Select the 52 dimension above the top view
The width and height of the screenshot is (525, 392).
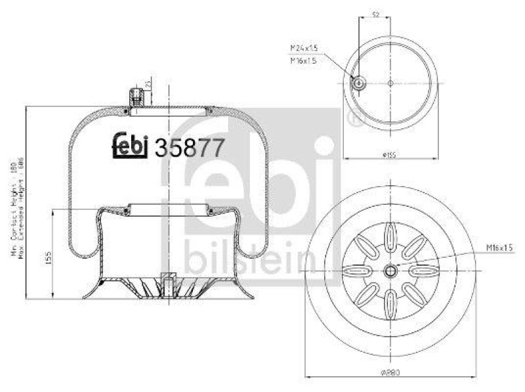click(x=374, y=14)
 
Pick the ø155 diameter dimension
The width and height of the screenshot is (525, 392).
click(x=390, y=155)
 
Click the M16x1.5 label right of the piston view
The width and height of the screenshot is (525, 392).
click(x=499, y=247)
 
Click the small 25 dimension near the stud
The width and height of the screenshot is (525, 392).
click(x=149, y=84)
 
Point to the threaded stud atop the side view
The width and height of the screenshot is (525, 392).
click(x=136, y=97)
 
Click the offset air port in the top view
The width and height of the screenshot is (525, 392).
click(x=359, y=83)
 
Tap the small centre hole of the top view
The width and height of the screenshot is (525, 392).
click(x=390, y=83)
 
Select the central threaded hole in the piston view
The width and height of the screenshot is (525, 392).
click(x=391, y=270)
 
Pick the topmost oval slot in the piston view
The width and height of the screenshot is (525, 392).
click(x=391, y=234)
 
